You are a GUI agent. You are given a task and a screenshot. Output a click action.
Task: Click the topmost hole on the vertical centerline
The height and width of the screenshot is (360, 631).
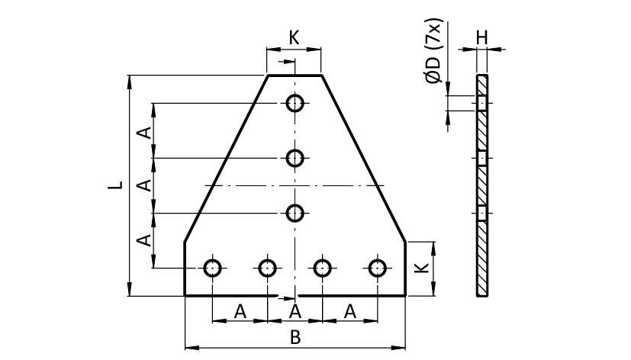[295, 104]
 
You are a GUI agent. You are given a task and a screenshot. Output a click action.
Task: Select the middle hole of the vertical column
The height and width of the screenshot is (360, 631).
[295, 158]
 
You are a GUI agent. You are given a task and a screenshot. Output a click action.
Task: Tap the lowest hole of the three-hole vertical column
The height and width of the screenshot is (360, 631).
[295, 214]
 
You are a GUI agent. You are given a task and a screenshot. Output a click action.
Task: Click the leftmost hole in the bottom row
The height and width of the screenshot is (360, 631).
[212, 268]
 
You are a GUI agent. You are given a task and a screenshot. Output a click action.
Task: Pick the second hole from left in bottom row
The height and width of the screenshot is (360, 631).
[267, 268]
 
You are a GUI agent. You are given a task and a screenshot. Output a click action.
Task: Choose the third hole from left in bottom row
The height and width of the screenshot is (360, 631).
[322, 268]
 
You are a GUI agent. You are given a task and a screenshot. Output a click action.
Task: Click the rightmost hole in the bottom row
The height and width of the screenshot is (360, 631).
[378, 268]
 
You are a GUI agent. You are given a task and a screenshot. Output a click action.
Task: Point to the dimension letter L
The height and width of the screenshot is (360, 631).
[115, 185]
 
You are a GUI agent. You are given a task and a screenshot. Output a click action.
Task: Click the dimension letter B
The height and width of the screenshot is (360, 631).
[295, 337]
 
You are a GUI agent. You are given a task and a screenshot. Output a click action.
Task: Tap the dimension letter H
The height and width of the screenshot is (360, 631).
[481, 38]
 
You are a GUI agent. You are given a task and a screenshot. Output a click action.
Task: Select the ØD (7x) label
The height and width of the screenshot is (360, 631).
[434, 51]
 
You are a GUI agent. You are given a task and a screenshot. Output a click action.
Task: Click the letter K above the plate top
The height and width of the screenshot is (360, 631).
[295, 37]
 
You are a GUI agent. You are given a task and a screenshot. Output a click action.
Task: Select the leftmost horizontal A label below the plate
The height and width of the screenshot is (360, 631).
[240, 311]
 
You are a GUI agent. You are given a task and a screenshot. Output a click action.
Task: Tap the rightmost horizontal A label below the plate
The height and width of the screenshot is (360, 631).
[350, 311]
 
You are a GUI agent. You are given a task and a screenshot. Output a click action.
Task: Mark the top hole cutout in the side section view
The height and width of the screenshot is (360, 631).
[482, 104]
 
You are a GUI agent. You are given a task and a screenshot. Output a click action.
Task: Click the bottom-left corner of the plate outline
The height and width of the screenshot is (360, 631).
[185, 296]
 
